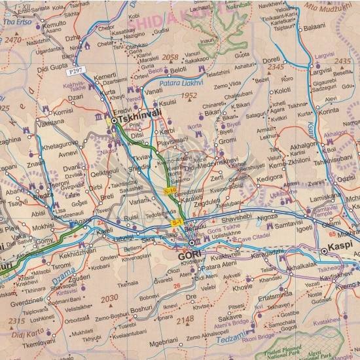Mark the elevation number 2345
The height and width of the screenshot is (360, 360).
pos(276,67)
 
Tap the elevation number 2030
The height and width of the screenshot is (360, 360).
pos(109,297)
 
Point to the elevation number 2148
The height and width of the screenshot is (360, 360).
pos(185,319)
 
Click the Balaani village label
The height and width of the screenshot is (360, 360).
pos(314,29)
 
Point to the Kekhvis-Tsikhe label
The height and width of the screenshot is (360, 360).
pos(76,88)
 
